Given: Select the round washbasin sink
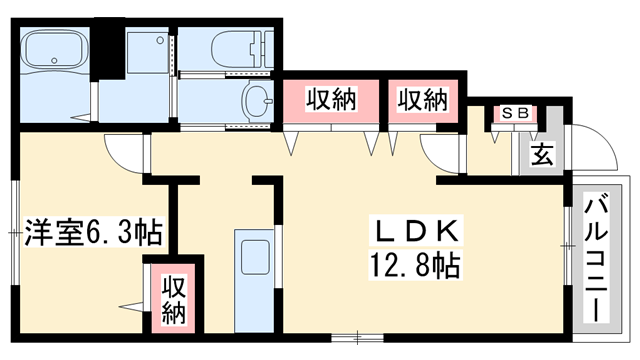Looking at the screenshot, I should (x=258, y=101).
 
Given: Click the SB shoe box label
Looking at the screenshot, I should (x=516, y=114).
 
